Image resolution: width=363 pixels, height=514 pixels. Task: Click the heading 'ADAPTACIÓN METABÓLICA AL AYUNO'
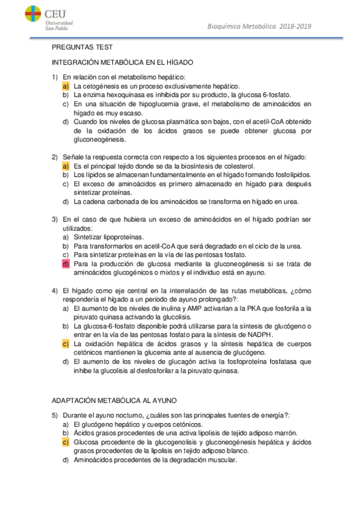point(115,401)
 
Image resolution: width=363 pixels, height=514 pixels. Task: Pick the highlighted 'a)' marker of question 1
point(65,86)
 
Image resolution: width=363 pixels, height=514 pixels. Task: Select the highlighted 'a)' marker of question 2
point(65,166)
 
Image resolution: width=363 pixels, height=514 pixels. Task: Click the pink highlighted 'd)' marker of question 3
point(65,264)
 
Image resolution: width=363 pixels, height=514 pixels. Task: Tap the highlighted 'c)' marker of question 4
point(65,344)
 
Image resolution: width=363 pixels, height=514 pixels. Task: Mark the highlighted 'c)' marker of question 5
point(65,442)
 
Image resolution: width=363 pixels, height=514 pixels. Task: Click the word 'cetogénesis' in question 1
point(103,86)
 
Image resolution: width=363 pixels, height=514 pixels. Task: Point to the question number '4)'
point(55,290)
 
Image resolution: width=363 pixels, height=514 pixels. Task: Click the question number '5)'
point(55,415)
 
